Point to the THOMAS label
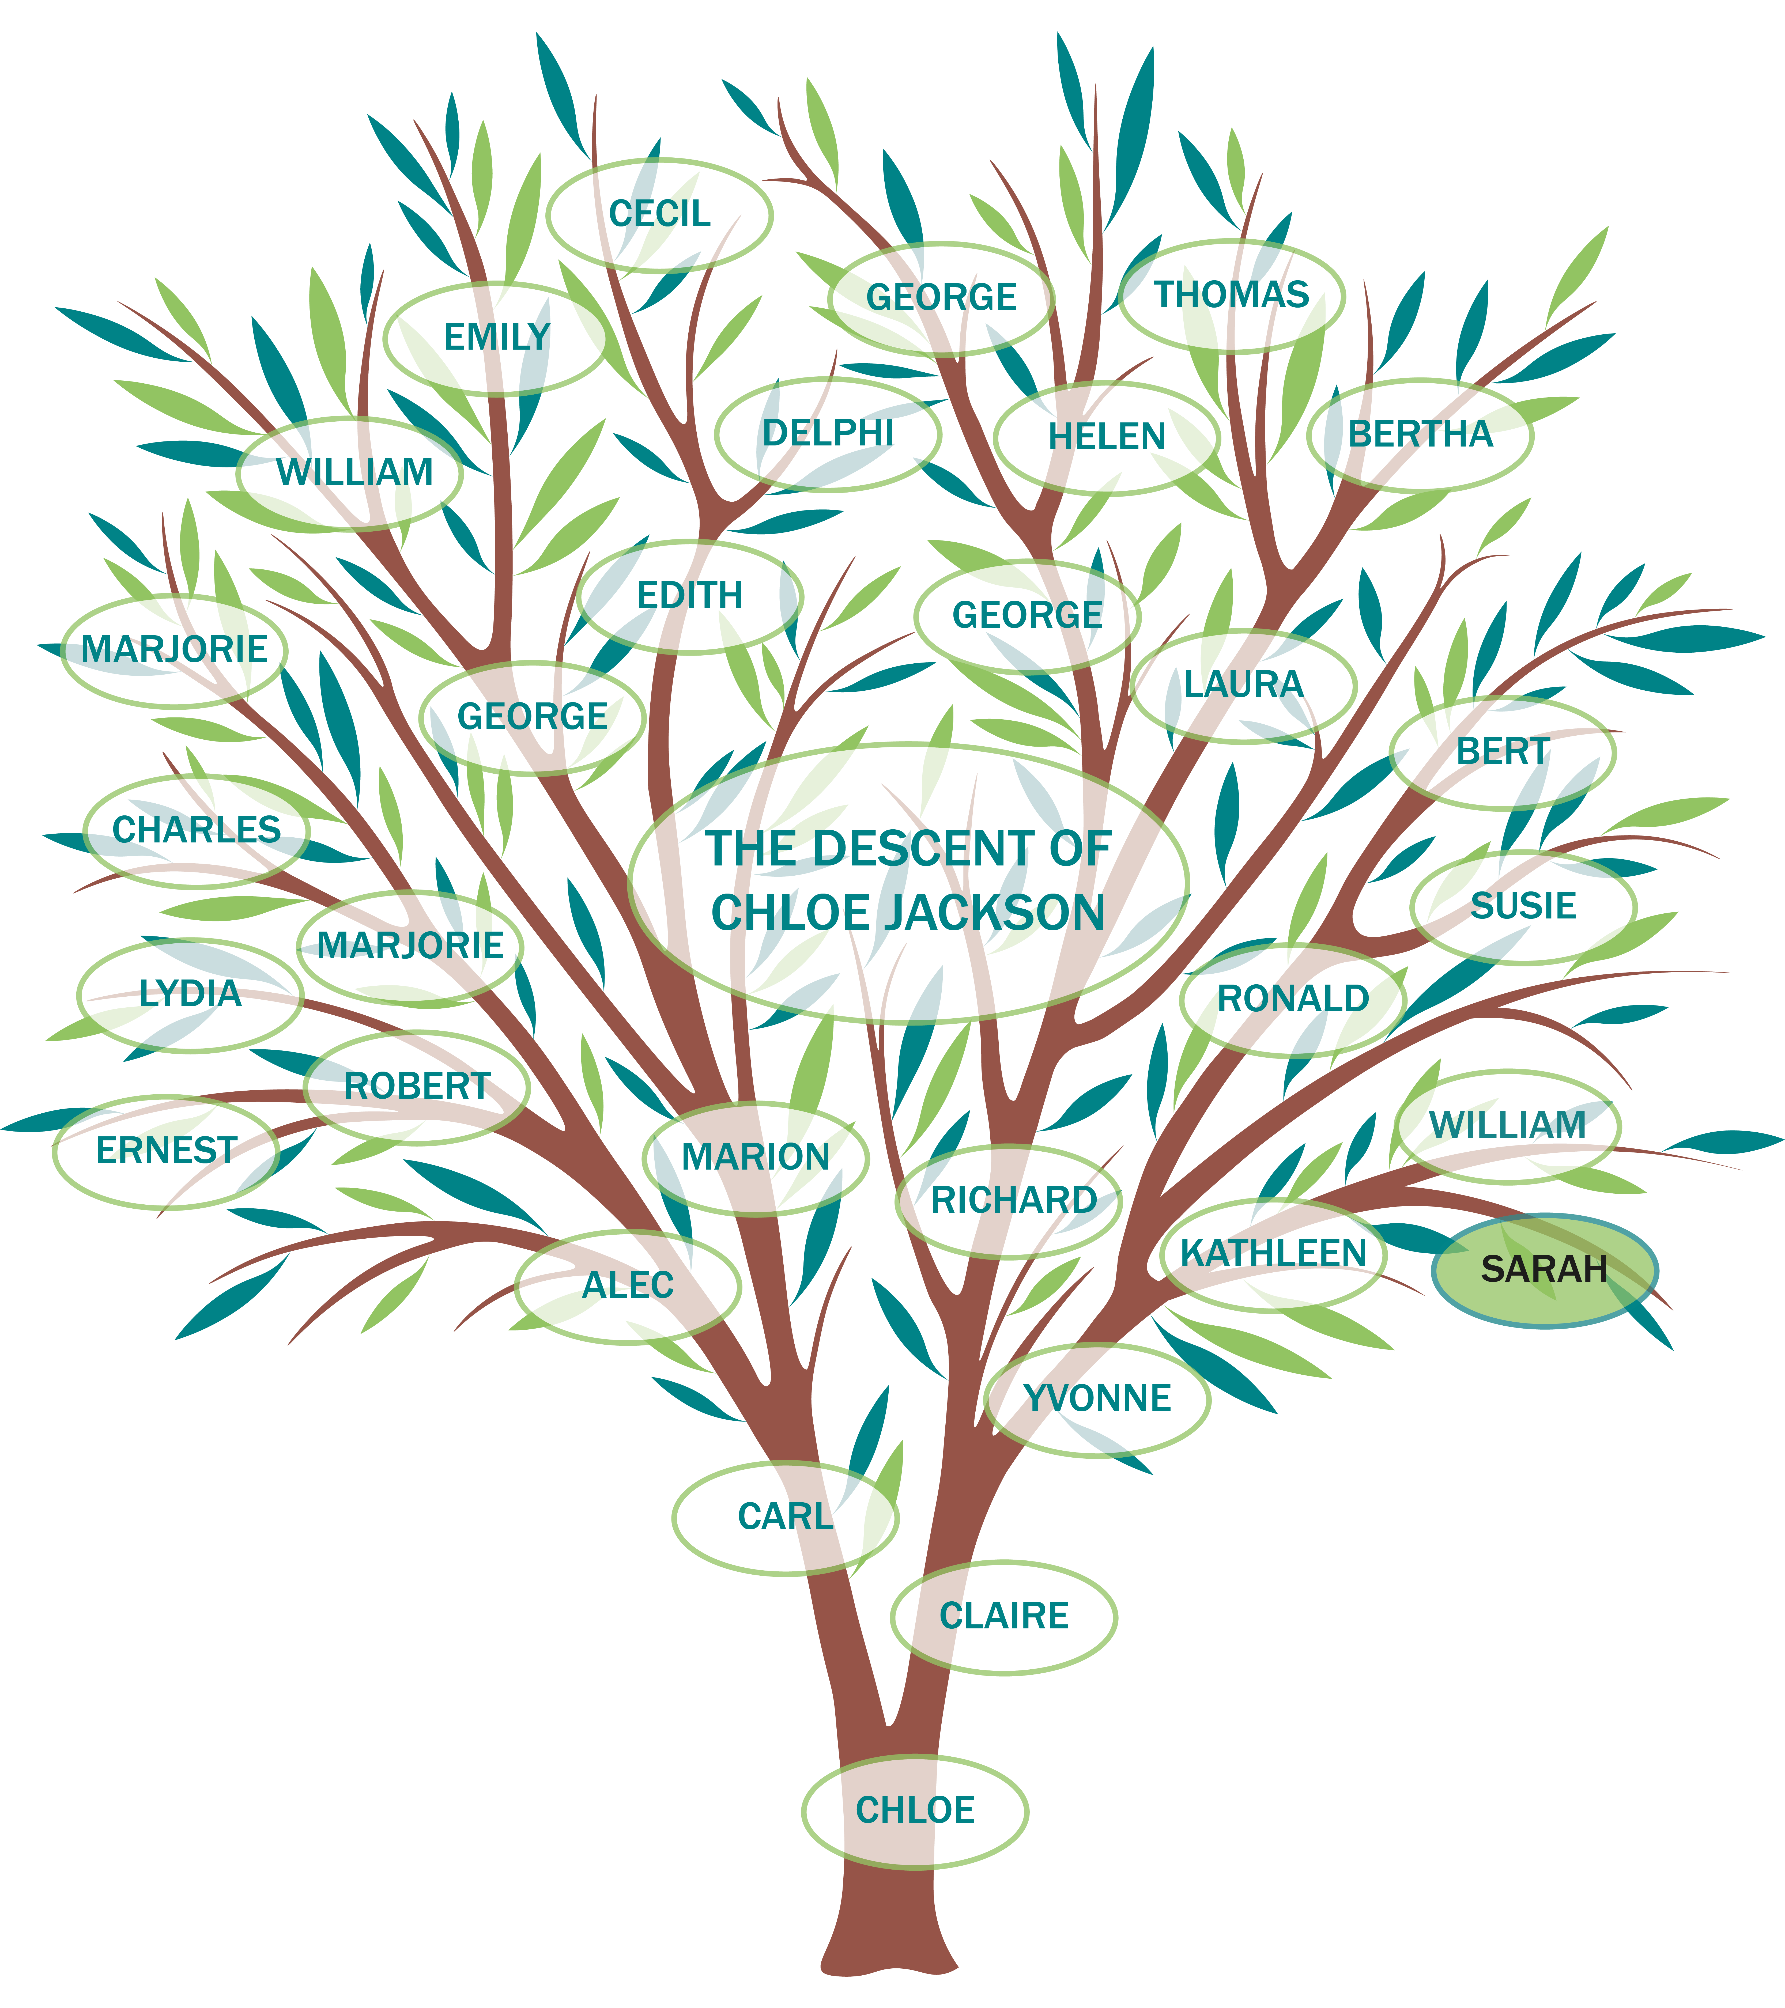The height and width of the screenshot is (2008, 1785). pos(1232,295)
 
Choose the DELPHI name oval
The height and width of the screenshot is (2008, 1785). pos(828,433)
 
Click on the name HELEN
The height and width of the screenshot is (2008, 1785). pos(1107,437)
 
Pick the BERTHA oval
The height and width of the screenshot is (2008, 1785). pos(1421,434)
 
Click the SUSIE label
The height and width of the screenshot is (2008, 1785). pos(1524,906)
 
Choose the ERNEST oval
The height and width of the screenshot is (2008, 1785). pos(166,1150)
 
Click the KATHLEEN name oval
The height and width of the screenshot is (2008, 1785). pos(1273,1254)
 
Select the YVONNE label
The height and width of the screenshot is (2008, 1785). pos(1097,1399)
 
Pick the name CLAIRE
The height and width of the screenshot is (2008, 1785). pos(1004,1616)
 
